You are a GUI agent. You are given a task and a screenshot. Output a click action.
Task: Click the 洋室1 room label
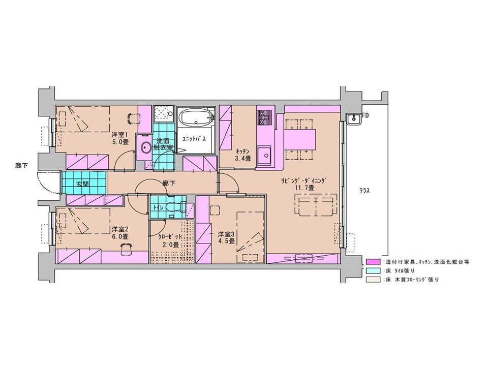tap(120, 135)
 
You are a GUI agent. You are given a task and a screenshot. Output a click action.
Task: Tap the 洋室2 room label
tap(120, 229)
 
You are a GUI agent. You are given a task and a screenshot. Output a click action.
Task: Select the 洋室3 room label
tap(226, 234)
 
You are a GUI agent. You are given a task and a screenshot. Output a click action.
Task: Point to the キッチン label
tap(243, 151)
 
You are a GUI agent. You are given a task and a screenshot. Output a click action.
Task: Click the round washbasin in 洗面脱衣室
tap(145, 147)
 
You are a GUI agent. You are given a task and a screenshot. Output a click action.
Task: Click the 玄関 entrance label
tap(82, 184)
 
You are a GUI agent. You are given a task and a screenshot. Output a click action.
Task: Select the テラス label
tap(364, 191)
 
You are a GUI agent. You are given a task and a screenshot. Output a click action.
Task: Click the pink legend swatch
tap(373, 262)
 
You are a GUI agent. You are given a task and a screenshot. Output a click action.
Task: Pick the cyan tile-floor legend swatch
tap(373, 270)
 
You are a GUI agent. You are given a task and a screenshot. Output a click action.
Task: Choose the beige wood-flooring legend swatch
tap(373, 280)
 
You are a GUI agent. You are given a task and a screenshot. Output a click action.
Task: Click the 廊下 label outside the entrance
tap(21, 166)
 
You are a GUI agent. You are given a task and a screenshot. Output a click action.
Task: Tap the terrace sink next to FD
tap(354, 118)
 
